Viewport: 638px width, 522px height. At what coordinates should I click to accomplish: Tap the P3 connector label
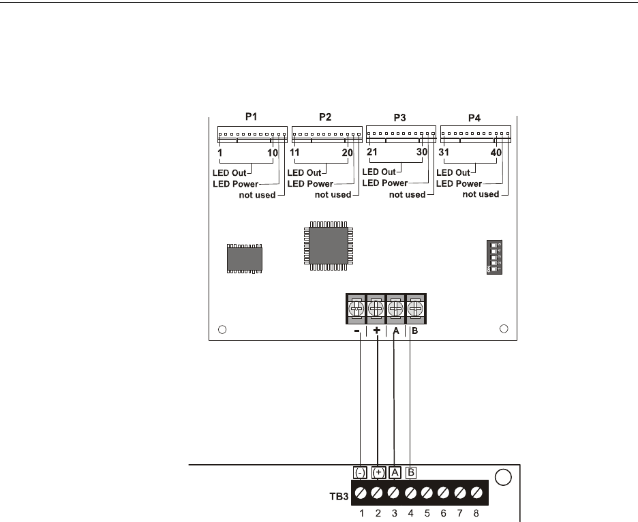(x=399, y=117)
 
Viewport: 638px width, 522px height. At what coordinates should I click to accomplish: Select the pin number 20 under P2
(x=347, y=153)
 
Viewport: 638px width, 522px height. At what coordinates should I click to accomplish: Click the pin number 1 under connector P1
(x=220, y=153)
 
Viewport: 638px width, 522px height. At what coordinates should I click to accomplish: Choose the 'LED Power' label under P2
(x=310, y=183)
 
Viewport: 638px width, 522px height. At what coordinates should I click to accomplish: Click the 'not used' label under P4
(x=481, y=194)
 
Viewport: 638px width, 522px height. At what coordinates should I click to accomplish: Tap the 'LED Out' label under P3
(x=380, y=172)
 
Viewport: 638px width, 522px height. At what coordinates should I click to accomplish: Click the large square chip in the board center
(x=325, y=244)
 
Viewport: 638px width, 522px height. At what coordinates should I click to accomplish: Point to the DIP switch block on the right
(x=495, y=257)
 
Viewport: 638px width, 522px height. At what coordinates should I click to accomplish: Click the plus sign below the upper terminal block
(x=376, y=331)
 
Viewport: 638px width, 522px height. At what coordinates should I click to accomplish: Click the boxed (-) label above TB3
(x=360, y=472)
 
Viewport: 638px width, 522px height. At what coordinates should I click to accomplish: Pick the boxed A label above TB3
(x=395, y=472)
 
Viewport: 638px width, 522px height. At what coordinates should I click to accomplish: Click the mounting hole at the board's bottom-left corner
(x=222, y=331)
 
